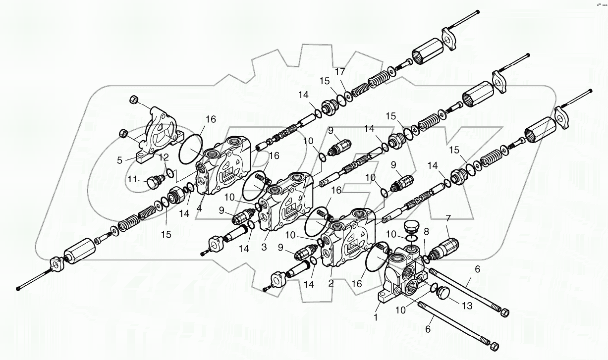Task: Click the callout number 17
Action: pos(340,71)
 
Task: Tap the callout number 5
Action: pos(120,160)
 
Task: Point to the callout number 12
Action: pos(164,157)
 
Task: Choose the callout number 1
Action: pos(376,315)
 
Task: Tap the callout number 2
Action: pos(331,283)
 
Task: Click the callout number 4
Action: pos(199,208)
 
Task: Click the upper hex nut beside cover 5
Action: pos(133,100)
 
